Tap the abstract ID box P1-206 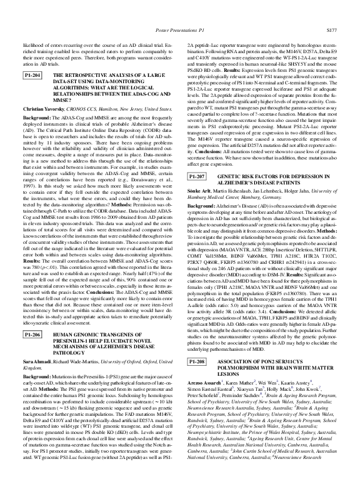tap(32, 335)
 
